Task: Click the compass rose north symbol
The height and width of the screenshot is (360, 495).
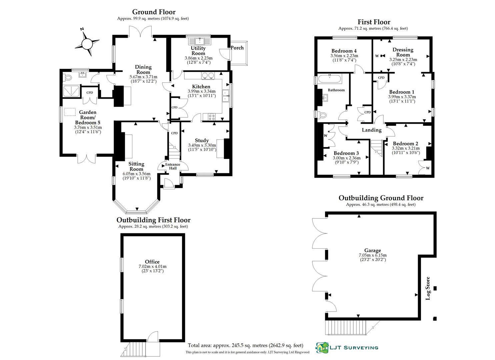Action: [87, 43]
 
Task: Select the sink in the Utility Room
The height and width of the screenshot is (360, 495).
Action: [199, 41]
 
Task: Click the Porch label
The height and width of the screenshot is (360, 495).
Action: [237, 48]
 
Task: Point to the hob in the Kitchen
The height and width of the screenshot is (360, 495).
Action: [212, 117]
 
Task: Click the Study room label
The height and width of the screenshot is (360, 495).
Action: [202, 140]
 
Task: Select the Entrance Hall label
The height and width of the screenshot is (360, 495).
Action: [173, 166]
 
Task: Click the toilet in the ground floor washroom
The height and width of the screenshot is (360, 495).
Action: [68, 78]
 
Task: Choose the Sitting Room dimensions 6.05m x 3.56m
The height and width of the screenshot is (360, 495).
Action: [136, 174]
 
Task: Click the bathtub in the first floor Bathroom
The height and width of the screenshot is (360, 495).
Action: [329, 79]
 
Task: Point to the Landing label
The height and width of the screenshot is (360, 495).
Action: [372, 130]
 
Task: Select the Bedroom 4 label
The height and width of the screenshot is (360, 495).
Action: [344, 51]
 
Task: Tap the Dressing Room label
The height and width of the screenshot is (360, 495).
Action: [403, 52]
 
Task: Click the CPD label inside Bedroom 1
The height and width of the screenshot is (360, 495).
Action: [381, 78]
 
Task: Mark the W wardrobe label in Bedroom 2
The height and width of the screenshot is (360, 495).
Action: [428, 168]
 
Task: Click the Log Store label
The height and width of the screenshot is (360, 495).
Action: [428, 288]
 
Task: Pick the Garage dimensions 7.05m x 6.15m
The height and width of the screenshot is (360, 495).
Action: [372, 255]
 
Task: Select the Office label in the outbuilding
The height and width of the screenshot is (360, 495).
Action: [152, 262]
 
